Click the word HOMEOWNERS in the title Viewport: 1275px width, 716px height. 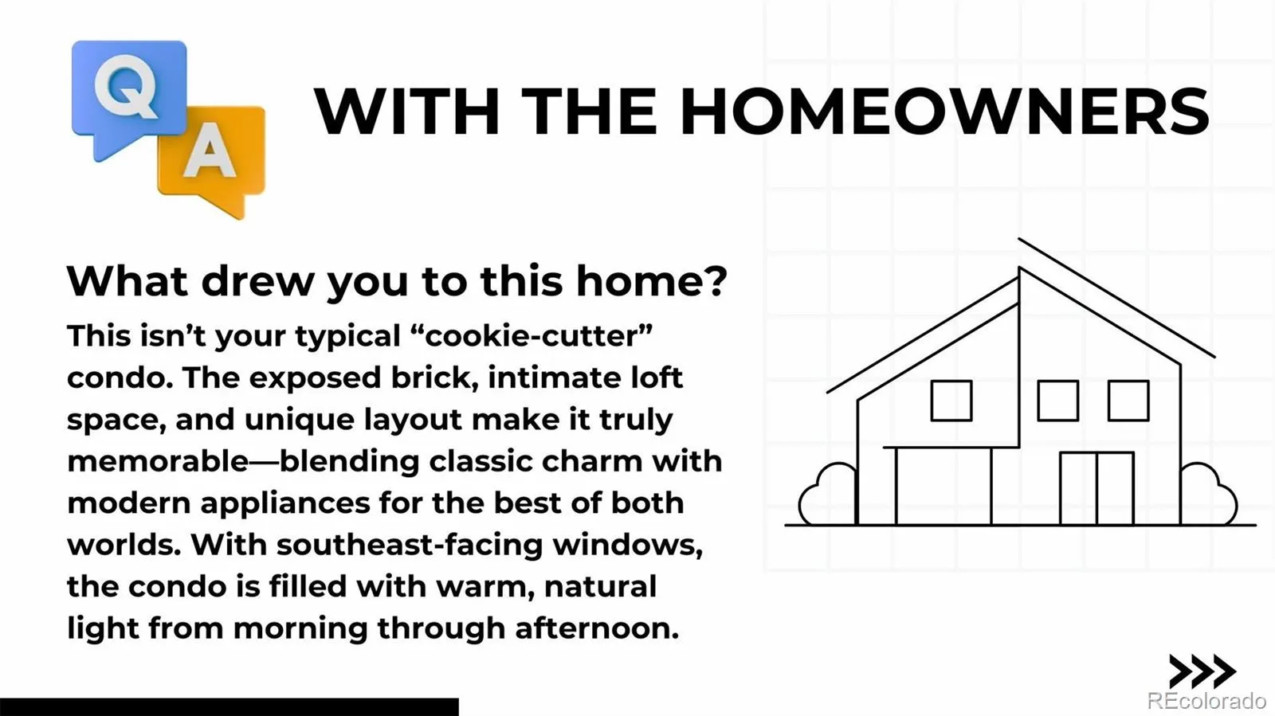944,112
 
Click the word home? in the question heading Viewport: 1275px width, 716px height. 652,280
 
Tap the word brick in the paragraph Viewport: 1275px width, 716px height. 434,378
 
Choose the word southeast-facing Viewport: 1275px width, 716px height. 410,545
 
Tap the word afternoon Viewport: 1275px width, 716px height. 597,628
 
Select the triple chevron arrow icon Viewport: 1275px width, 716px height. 1202,671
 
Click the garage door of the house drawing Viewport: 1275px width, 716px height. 943,487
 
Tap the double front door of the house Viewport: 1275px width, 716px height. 1096,488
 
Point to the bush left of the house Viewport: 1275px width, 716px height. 826,494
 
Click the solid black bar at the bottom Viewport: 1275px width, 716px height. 229,707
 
